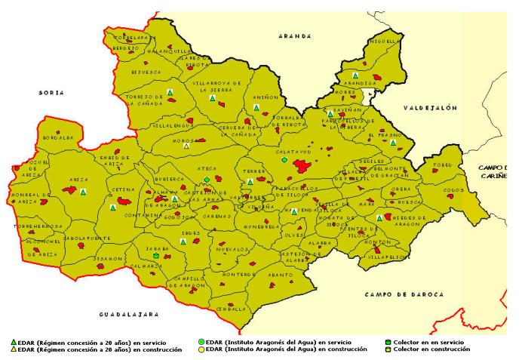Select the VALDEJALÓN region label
pos(430,108)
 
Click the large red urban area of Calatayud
pos(303,166)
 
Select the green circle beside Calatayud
pos(284,159)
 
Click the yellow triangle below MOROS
pos(186,146)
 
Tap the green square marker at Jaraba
pos(155,256)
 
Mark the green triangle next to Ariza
pos(83,192)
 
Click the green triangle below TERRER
pos(250,182)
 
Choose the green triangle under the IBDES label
pos(183,242)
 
